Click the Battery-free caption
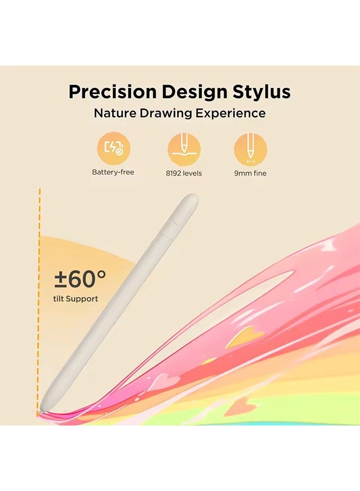[x=113, y=172]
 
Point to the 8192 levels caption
[x=184, y=173]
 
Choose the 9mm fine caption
[x=250, y=173]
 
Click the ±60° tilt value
[x=80, y=279]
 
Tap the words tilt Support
[x=76, y=298]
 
